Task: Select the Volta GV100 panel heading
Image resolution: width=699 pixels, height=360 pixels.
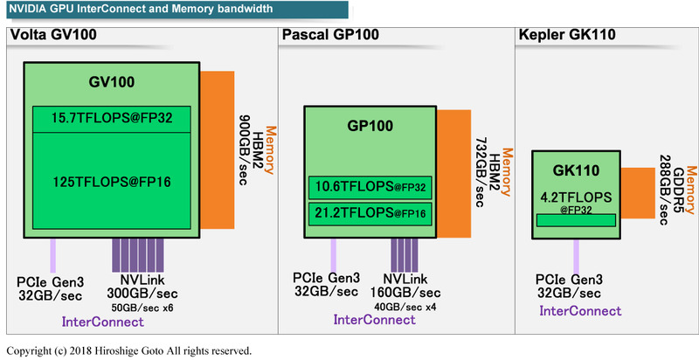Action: coord(52,36)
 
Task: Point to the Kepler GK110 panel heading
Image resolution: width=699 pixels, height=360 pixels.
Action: coord(568,36)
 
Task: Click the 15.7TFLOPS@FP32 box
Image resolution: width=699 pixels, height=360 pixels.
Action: coord(110,119)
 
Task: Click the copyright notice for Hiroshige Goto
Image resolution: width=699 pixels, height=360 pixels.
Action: coord(129,350)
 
